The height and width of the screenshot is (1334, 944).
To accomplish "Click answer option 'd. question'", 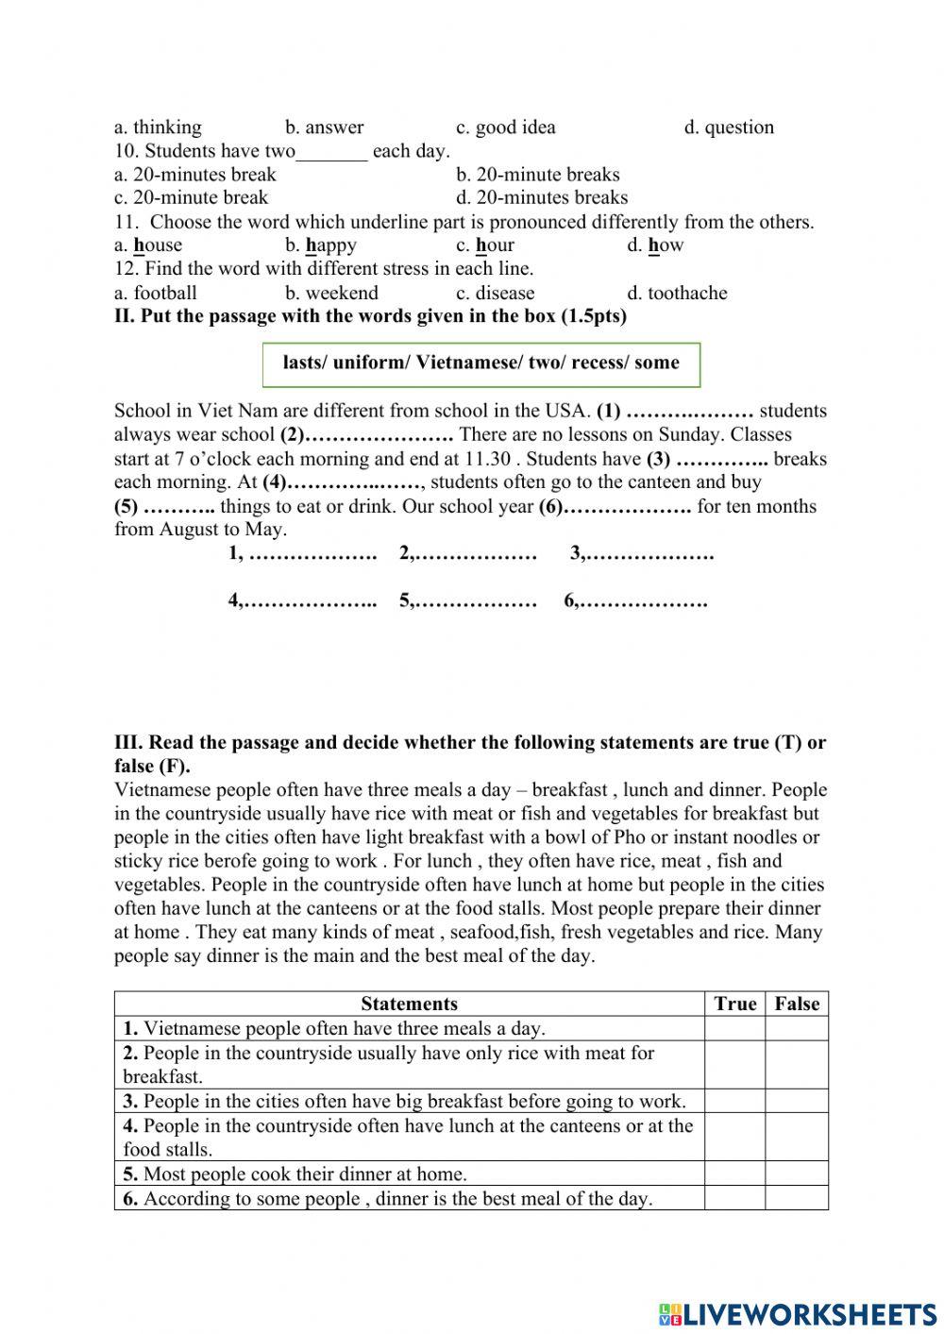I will click(x=728, y=127).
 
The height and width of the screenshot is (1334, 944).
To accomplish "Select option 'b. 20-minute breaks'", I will click(x=537, y=175).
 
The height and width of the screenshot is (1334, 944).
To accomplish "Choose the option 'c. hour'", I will click(x=485, y=245).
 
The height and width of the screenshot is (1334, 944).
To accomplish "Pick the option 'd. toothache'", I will click(x=677, y=293).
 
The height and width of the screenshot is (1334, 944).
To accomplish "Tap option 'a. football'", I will click(x=156, y=293).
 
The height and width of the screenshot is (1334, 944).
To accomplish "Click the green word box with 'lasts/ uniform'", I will click(x=481, y=363).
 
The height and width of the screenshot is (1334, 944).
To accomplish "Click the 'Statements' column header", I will click(x=409, y=1004).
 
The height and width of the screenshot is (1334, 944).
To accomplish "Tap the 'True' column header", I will click(x=734, y=1004).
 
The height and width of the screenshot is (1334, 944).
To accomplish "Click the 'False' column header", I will click(x=797, y=1004).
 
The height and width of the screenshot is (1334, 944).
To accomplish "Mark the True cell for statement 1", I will click(x=734, y=1028).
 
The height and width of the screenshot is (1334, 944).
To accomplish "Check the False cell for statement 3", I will click(x=797, y=1101).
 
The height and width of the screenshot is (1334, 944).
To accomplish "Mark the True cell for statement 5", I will click(x=734, y=1174).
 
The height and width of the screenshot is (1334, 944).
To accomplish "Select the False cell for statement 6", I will click(x=797, y=1198).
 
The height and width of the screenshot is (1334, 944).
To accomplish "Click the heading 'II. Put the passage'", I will click(x=369, y=316).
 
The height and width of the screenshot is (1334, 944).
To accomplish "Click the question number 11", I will click(x=126, y=223).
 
